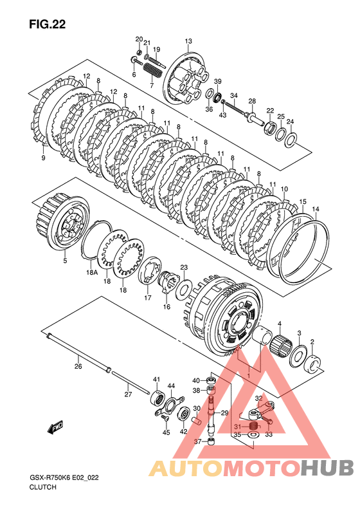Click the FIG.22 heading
click(48, 24)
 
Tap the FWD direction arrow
click(55, 427)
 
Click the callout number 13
click(188, 41)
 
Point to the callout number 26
click(78, 366)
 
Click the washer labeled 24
click(290, 139)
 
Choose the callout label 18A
click(92, 272)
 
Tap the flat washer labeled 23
click(183, 287)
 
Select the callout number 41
click(157, 380)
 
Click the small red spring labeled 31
click(253, 426)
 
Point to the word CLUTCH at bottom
click(43, 487)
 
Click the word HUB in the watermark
click(327, 468)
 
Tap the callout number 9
click(44, 158)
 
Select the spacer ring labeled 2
click(312, 364)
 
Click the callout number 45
click(166, 432)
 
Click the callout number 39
click(218, 81)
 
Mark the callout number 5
click(65, 261)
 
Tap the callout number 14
click(315, 210)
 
